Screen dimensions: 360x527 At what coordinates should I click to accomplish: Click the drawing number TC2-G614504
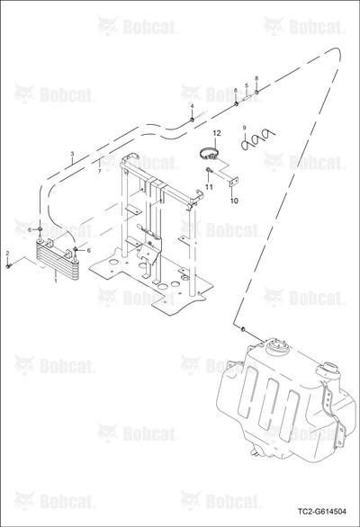tap(321, 512)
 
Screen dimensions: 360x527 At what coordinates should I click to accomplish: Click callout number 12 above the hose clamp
tap(217, 133)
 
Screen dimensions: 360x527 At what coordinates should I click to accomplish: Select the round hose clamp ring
tap(207, 156)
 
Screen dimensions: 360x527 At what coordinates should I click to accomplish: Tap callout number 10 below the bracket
tap(234, 201)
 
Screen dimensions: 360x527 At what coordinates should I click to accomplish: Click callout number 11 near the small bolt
tap(209, 187)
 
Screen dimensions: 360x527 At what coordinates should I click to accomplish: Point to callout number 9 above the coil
tap(245, 127)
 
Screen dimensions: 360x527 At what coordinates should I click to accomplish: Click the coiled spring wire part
tap(258, 139)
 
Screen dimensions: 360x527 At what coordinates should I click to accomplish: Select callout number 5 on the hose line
tap(247, 85)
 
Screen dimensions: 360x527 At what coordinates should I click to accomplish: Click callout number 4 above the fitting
tap(192, 106)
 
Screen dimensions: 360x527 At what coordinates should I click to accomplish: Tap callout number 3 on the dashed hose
tap(72, 154)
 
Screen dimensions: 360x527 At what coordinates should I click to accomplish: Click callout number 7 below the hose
tap(99, 172)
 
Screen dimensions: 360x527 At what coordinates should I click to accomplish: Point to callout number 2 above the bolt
tap(8, 253)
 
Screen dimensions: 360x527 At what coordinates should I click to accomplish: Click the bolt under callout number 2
tap(8, 266)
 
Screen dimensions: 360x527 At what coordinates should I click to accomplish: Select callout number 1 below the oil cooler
tap(56, 280)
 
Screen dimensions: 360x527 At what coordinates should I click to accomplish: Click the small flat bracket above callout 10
tap(232, 182)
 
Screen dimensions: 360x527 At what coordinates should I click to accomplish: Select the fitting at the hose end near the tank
tap(242, 328)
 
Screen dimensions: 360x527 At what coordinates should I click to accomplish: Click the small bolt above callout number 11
tap(209, 169)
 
